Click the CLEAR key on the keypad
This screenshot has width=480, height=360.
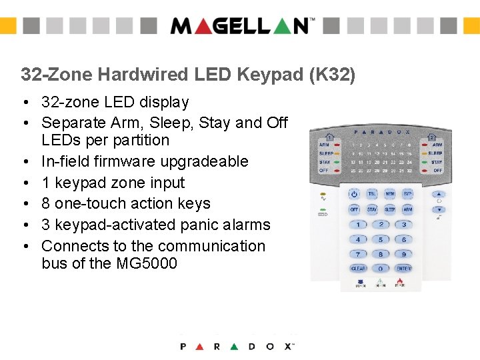point(358,269)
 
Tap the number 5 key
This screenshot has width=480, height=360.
point(381,239)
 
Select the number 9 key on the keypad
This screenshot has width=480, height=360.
point(403,254)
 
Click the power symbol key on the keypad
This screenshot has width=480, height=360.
point(354,194)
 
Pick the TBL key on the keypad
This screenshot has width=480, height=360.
point(373,194)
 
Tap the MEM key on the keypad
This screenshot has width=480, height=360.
point(390,194)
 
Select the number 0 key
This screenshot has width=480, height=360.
point(381,269)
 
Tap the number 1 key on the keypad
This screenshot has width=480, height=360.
point(358,225)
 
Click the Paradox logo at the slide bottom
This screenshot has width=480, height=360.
point(237,346)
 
